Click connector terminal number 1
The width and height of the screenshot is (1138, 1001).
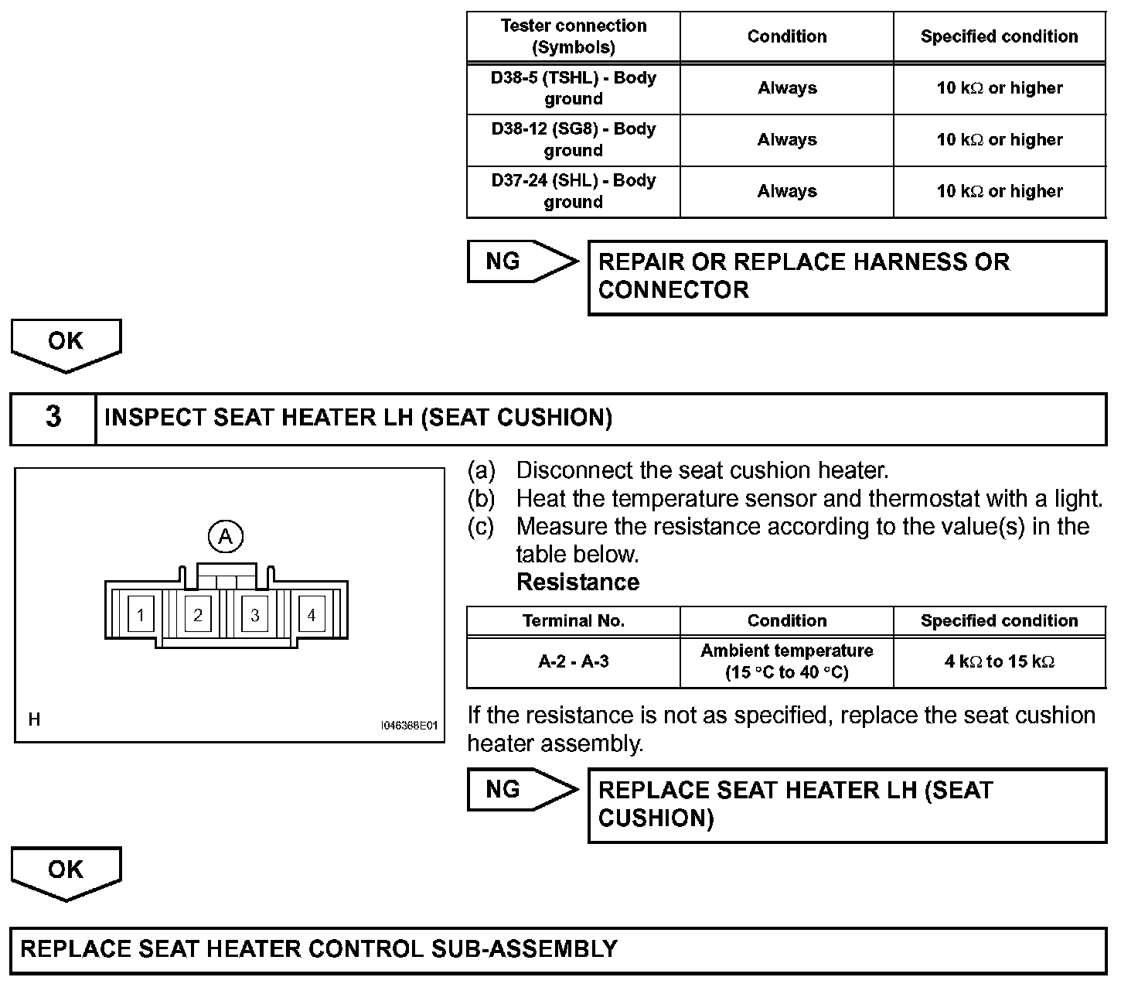tap(140, 616)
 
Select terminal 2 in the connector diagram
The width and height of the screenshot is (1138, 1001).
tap(198, 615)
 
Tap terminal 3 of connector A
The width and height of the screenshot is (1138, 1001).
tap(254, 616)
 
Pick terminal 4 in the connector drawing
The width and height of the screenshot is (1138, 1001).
tap(312, 615)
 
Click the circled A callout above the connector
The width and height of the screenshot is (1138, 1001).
tap(226, 536)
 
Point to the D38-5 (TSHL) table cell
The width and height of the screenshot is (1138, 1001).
tap(573, 88)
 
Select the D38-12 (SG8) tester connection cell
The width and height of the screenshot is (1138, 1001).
tap(573, 140)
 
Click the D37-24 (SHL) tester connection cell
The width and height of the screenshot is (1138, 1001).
tap(573, 191)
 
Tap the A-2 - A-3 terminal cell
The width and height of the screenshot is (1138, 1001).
tap(573, 661)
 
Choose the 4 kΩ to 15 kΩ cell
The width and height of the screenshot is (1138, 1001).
tap(1000, 661)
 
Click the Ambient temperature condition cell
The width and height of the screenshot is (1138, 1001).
tap(786, 661)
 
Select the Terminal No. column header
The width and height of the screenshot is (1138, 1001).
tap(573, 620)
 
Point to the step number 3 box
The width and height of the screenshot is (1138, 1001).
tap(53, 418)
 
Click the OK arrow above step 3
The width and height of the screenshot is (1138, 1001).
tap(66, 343)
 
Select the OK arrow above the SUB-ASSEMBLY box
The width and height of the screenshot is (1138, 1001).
tap(66, 872)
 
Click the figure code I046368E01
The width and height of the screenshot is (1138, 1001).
tap(409, 726)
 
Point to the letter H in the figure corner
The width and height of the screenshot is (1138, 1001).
tap(34, 720)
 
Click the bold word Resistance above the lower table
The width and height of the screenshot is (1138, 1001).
tap(578, 582)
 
